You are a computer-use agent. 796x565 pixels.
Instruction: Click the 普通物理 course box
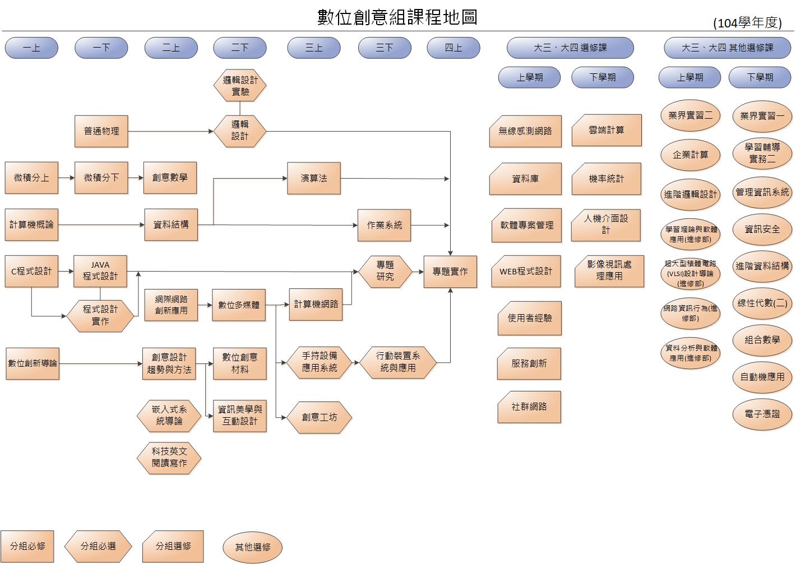[x=101, y=131]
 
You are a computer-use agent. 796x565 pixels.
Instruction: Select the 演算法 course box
[x=313, y=178]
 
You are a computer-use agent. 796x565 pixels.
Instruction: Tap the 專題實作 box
[x=450, y=272]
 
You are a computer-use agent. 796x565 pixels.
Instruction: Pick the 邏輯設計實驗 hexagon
[x=240, y=86]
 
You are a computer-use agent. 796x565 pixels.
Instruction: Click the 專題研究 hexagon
[x=385, y=271]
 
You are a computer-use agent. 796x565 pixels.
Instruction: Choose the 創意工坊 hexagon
[x=320, y=417]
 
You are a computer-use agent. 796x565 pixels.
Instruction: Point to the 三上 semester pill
[x=313, y=48]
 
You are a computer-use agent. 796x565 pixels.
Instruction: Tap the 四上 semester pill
[x=453, y=48]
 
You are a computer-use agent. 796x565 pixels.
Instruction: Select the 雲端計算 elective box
[x=607, y=130]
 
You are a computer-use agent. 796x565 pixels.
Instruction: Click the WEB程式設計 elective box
[x=526, y=272]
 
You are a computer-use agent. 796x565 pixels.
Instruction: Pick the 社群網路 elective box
[x=529, y=407]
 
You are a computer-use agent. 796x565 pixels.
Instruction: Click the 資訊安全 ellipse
[x=762, y=229]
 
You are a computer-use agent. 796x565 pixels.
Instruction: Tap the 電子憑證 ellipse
[x=762, y=414]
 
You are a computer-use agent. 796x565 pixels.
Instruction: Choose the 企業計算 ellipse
[x=690, y=155]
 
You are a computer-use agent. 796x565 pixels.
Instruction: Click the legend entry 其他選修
[x=253, y=547]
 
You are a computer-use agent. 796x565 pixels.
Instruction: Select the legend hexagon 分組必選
[x=98, y=546]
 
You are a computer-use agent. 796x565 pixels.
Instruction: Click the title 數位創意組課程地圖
[x=397, y=17]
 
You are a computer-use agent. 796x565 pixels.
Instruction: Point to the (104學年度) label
[x=747, y=23]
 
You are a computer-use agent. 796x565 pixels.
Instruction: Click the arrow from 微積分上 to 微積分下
[x=66, y=178]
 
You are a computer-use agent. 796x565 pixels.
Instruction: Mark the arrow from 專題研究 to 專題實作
[x=418, y=272]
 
